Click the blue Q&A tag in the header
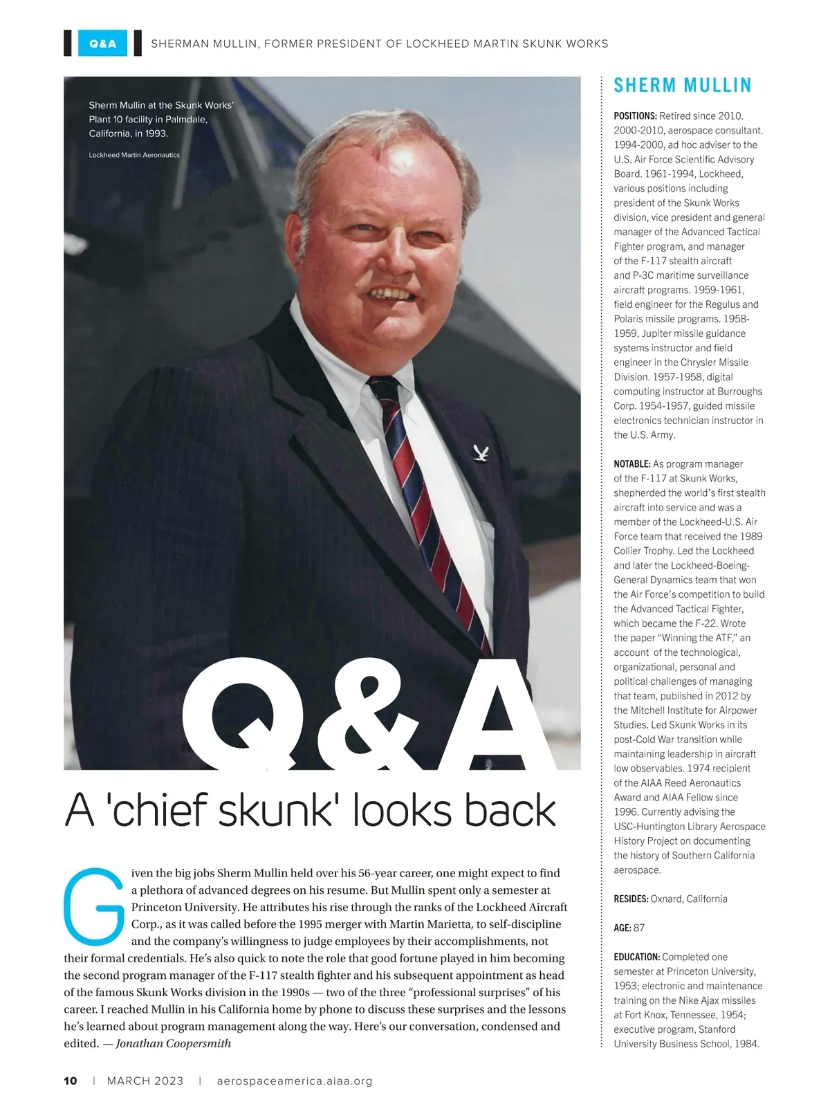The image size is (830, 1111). [x=102, y=44]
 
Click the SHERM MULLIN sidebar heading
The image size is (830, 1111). [x=682, y=86]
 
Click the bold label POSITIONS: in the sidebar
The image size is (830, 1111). [x=635, y=116]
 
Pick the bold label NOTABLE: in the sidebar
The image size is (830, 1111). [x=632, y=463]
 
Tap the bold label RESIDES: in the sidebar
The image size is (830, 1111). [x=631, y=899]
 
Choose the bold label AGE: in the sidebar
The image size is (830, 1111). [x=622, y=928]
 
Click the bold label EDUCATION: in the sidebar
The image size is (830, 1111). [x=637, y=957]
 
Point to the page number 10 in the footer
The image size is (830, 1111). [x=71, y=1081]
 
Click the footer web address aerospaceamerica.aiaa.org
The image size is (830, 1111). [x=294, y=1081]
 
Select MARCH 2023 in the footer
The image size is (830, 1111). [x=145, y=1081]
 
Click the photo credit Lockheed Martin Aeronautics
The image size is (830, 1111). [x=134, y=155]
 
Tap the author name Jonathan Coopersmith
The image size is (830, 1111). [x=173, y=1043]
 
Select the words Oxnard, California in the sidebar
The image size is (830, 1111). [x=689, y=899]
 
